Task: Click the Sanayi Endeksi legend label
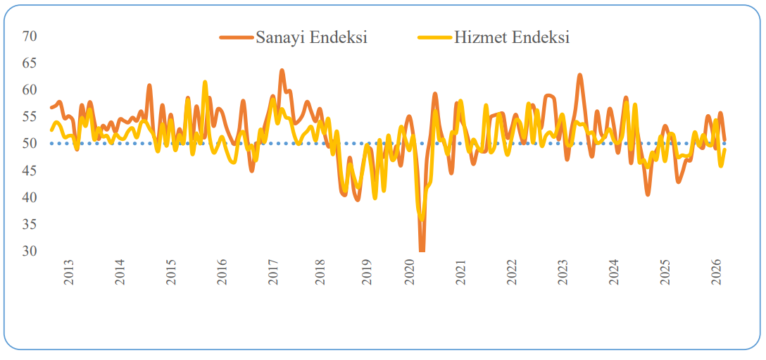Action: pyautogui.click(x=311, y=37)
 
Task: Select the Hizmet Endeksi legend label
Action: pyautogui.click(x=511, y=37)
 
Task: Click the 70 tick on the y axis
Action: pyautogui.click(x=29, y=36)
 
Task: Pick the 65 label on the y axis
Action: pyautogui.click(x=29, y=63)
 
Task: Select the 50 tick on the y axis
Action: pyautogui.click(x=29, y=144)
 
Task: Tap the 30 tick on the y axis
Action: pyautogui.click(x=29, y=251)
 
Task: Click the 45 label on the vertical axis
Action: pyautogui.click(x=29, y=170)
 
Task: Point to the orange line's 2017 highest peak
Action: pyautogui.click(x=282, y=70)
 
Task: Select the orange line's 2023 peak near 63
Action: pyautogui.click(x=579, y=75)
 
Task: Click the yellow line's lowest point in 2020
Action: pyautogui.click(x=422, y=219)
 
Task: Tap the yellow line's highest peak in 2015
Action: pyautogui.click(x=205, y=82)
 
